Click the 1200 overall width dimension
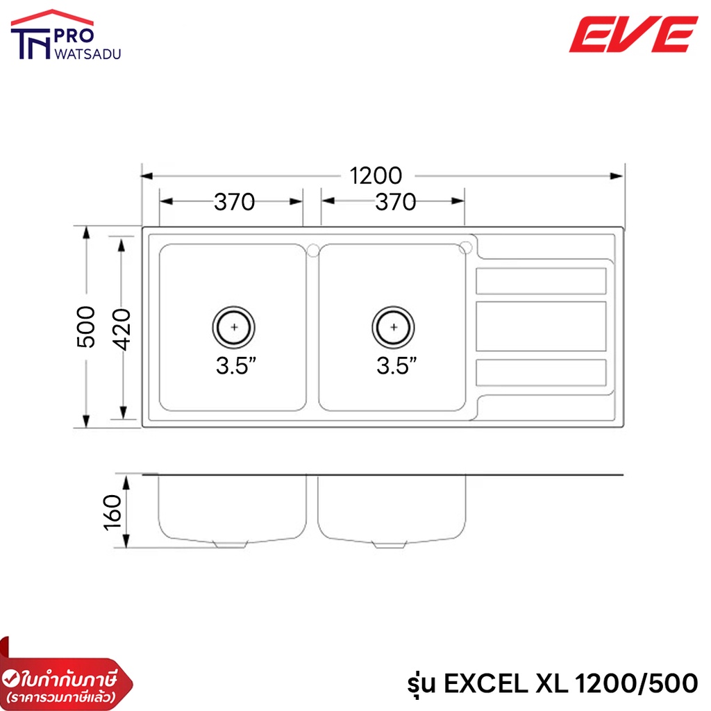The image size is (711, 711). pos(376,176)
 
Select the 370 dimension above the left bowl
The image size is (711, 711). pos(235,202)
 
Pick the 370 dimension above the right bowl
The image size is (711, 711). pos(395,202)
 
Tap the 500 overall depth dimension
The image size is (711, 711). pos(85,327)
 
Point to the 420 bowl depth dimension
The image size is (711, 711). pos(122,330)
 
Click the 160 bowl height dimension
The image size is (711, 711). pos(112,513)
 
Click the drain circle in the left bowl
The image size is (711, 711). pos(233,306)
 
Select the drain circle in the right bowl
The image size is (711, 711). pos(393,306)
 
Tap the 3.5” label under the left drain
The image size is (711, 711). pos(236,366)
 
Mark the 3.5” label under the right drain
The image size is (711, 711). pos(396,366)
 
